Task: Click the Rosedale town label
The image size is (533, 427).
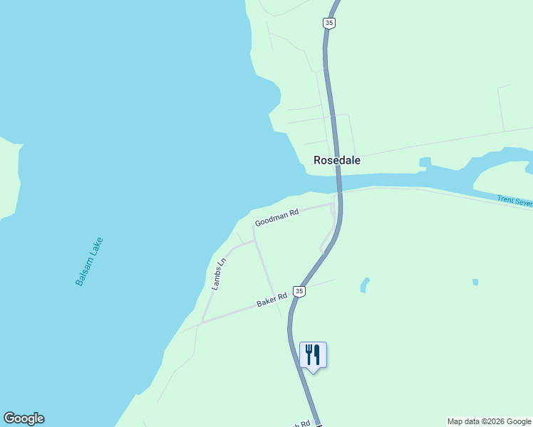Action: [x=337, y=160]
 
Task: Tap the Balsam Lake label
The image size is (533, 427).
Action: [x=89, y=261]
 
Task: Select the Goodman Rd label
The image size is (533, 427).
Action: [x=276, y=217]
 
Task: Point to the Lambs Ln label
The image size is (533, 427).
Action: [x=219, y=273]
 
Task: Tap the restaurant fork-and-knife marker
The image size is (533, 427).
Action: [x=313, y=354]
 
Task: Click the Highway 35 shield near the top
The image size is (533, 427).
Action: [x=328, y=23]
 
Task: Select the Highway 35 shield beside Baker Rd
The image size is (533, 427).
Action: [x=299, y=292]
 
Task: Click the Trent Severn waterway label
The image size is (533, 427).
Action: [x=514, y=202]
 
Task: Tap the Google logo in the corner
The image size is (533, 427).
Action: [x=24, y=418]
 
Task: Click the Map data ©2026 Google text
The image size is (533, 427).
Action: [x=489, y=421]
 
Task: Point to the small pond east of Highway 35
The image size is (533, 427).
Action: [x=365, y=285]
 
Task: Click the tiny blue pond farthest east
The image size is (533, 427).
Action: [x=475, y=283]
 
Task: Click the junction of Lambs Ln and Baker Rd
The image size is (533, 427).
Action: [x=201, y=322]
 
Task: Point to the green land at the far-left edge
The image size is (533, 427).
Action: [x=9, y=178]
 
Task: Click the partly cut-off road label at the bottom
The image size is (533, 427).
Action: [x=301, y=423]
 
